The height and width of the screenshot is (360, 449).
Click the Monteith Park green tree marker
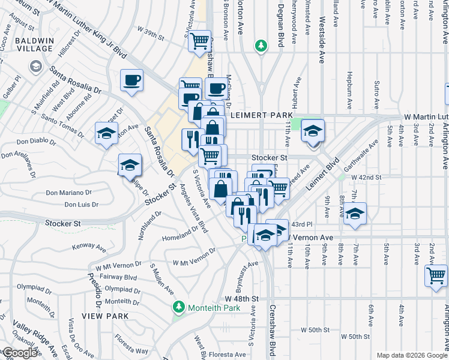[178, 308]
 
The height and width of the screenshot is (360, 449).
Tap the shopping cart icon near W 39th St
[199, 41]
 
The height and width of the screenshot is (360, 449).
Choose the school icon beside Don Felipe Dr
[130, 165]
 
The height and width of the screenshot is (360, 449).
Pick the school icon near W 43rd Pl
[355, 214]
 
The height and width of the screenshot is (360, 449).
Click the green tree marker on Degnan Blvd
[261, 46]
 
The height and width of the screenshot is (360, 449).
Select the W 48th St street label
[242, 298]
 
